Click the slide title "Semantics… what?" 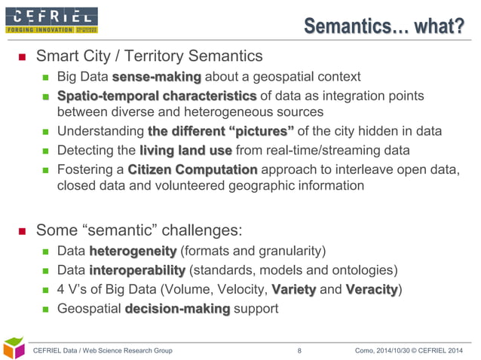[384, 27]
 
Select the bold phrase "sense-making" [157, 76]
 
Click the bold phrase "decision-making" [176, 309]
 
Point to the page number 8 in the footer [299, 350]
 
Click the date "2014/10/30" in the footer [380, 350]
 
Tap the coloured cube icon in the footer [15, 347]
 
